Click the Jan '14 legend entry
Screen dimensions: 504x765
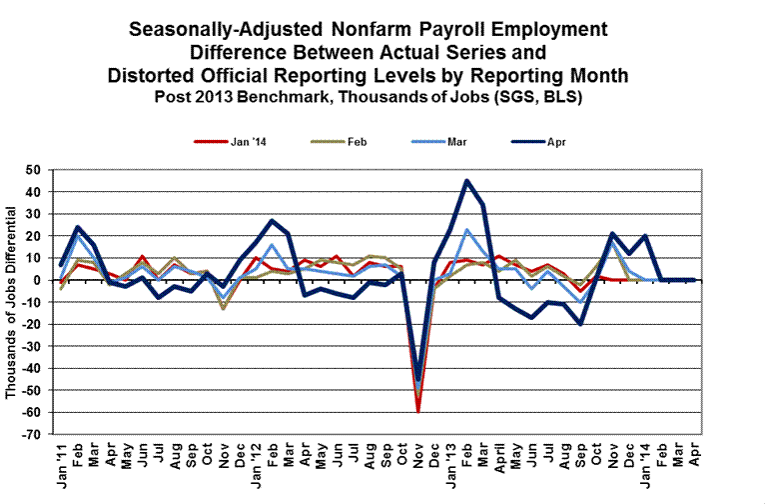pos(236,142)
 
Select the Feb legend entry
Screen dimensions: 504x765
pos(353,142)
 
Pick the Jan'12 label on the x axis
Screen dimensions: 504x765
pos(257,462)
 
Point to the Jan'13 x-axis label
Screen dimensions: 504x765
pos(450,462)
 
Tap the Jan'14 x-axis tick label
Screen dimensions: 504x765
pos(644,462)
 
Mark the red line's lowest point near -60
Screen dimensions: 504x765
pos(418,412)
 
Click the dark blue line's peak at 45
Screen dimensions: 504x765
pos(467,181)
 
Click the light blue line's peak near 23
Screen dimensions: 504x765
pos(467,230)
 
